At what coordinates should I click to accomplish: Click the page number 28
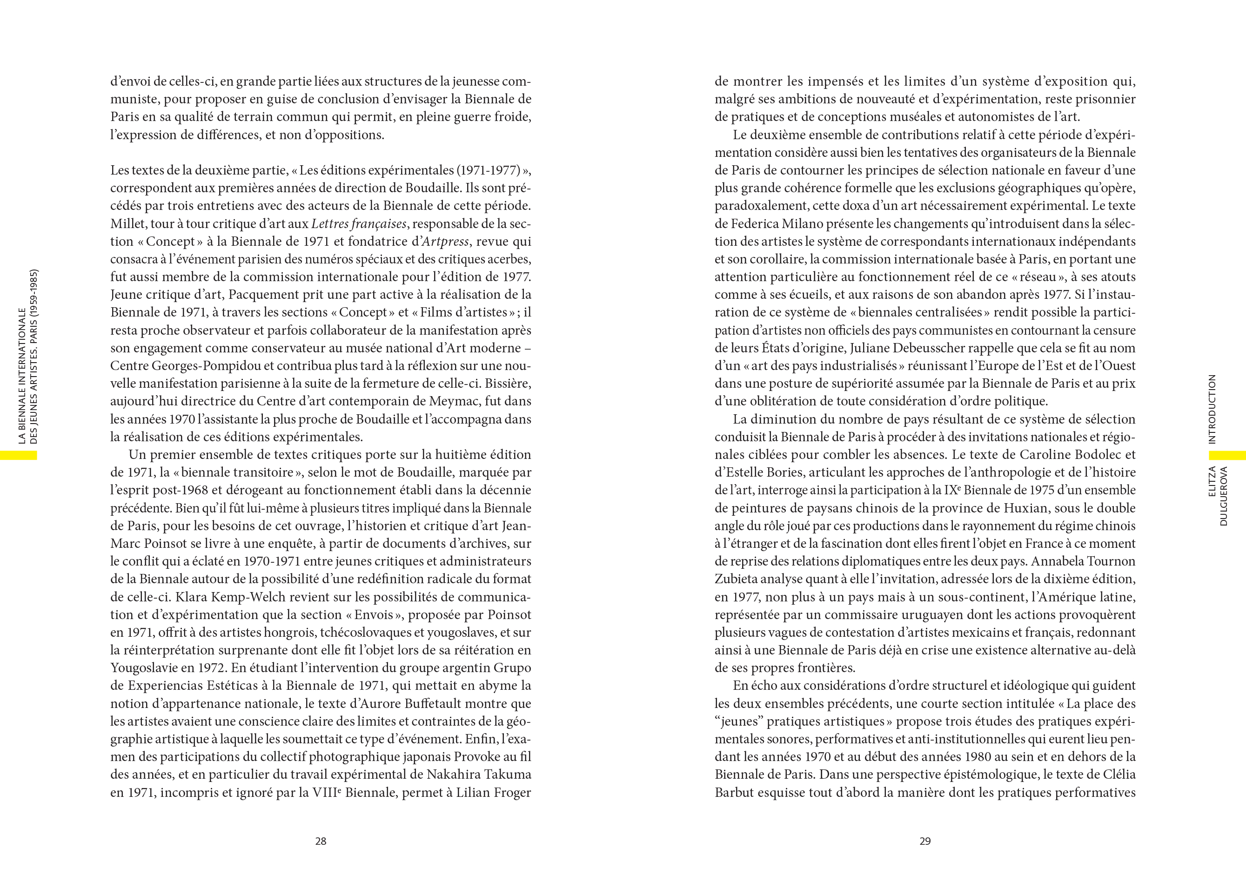click(321, 841)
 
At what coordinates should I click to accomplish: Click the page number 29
click(925, 841)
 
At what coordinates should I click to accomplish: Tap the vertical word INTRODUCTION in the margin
click(1213, 409)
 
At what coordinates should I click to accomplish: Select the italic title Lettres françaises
click(359, 223)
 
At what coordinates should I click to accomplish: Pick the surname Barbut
click(734, 792)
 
